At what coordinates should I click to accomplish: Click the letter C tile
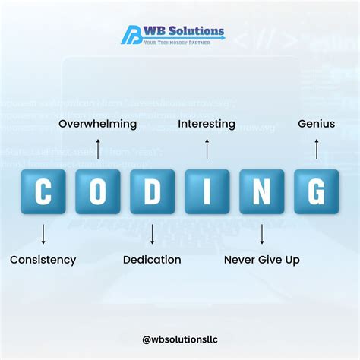pyautogui.click(x=43, y=191)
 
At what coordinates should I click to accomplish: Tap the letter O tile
pyautogui.click(x=98, y=191)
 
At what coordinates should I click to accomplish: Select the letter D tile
pyautogui.click(x=153, y=191)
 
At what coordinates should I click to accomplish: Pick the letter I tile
pyautogui.click(x=207, y=191)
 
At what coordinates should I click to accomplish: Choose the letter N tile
pyautogui.click(x=262, y=191)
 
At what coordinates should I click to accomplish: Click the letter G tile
pyautogui.click(x=317, y=191)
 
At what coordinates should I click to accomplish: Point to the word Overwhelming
pyautogui.click(x=98, y=123)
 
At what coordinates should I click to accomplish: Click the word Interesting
pyautogui.click(x=207, y=123)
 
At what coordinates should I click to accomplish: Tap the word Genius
pyautogui.click(x=317, y=123)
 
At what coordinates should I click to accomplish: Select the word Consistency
pyautogui.click(x=43, y=260)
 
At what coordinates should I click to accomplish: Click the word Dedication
pyautogui.click(x=152, y=260)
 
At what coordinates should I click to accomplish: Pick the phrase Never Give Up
pyautogui.click(x=262, y=260)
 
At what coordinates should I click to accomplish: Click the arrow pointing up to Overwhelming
pyautogui.click(x=98, y=148)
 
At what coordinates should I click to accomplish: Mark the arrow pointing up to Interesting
pyautogui.click(x=207, y=148)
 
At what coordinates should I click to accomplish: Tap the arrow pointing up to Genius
pyautogui.click(x=317, y=148)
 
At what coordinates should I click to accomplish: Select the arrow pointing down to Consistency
pyautogui.click(x=43, y=234)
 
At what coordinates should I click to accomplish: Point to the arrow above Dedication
pyautogui.click(x=153, y=234)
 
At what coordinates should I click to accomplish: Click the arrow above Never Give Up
pyautogui.click(x=262, y=234)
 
